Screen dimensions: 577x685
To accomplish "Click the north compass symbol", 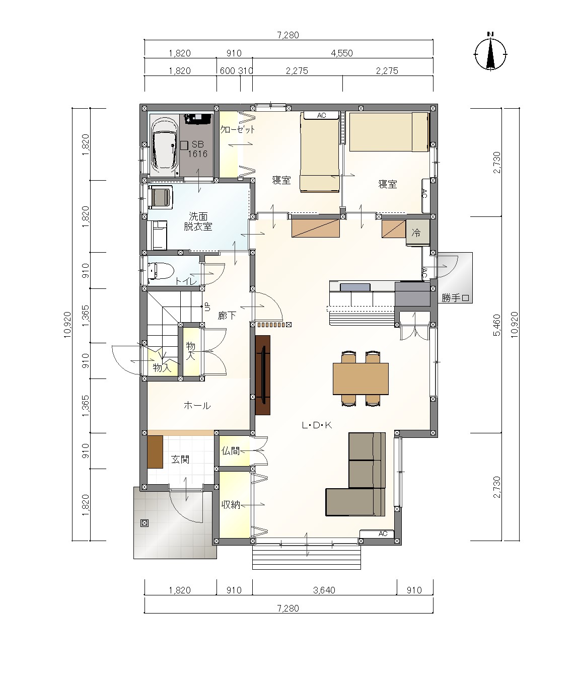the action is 490,53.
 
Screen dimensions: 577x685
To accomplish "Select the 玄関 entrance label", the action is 180,460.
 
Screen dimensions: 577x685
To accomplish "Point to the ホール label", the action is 197,406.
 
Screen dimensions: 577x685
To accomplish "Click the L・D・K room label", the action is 317,425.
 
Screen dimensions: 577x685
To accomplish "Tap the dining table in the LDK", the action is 360,378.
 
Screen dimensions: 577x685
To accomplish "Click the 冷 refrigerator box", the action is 417,233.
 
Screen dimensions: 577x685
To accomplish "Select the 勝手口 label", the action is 455,298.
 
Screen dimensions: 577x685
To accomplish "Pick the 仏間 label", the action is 231,451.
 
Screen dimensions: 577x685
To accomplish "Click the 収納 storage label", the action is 231,505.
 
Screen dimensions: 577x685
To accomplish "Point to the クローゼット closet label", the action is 237,129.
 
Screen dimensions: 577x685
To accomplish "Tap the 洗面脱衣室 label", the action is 198,221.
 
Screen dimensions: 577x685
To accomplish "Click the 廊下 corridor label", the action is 227,316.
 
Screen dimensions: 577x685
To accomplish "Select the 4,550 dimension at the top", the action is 342,53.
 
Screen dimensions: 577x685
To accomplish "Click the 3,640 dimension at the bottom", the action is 324,590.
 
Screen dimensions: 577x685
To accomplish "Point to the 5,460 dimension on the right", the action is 496,325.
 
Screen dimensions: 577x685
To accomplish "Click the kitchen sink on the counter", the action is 355,287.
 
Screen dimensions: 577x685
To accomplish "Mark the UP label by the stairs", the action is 207,307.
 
